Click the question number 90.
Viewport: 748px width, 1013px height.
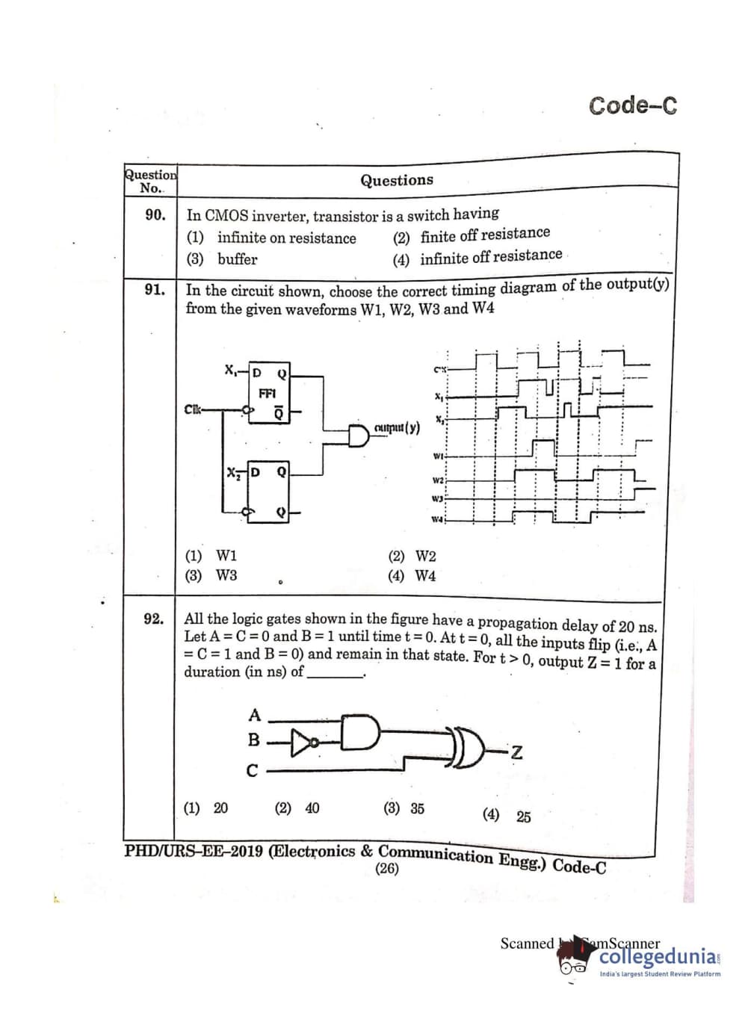pos(155,215)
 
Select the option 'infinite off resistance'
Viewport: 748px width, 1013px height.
pos(490,257)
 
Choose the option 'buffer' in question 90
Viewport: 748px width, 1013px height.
pos(237,259)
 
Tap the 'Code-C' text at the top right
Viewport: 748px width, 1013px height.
pos(632,105)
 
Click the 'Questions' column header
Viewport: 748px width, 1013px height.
pos(396,180)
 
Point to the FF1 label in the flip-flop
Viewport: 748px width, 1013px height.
pos(267,393)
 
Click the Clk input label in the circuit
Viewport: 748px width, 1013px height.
pos(193,409)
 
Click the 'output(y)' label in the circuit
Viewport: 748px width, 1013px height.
pos(396,428)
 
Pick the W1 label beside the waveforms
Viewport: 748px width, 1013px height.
pos(439,456)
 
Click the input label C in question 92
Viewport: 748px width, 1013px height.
pos(253,771)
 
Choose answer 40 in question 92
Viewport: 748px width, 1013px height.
pos(306,808)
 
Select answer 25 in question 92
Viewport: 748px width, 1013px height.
pos(523,817)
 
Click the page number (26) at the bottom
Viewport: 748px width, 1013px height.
pos(387,869)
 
